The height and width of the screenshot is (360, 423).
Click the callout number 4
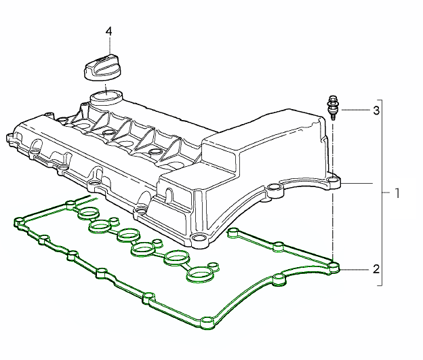[108, 31]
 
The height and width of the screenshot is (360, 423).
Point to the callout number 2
[376, 268]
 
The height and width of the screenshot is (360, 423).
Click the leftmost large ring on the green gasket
[89, 216]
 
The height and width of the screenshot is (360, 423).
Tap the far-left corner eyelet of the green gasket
[17, 222]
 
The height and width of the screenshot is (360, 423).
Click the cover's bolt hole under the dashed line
[334, 181]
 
